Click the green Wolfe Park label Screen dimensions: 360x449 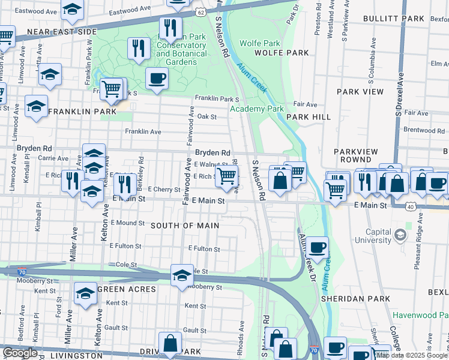259,43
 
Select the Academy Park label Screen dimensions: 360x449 256,109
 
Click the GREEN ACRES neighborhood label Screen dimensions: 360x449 127,289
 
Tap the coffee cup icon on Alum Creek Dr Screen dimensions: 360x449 317,245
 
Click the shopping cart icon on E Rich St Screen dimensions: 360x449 226,176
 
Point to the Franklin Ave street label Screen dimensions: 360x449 143,131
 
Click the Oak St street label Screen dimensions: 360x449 206,116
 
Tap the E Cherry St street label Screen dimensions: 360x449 164,189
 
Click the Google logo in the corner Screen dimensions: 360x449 20,353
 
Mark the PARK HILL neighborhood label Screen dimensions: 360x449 308,117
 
